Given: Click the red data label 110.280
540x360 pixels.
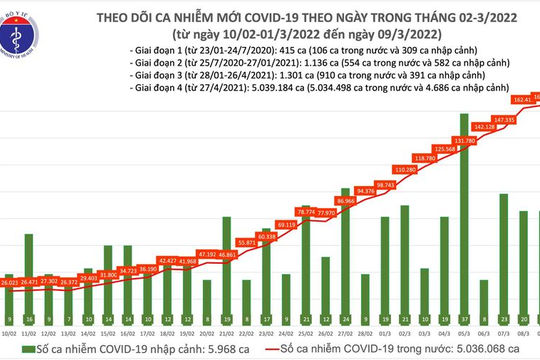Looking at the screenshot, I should (404, 171).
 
